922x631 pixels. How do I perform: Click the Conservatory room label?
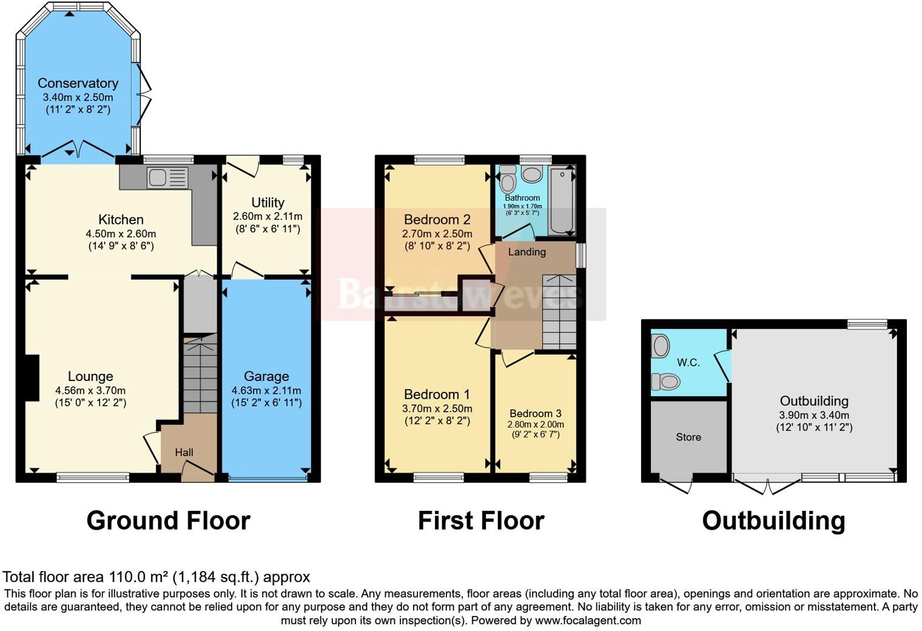pos(78,83)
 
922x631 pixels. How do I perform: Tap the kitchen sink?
pos(158,178)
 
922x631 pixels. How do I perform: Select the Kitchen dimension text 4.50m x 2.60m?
pos(121,234)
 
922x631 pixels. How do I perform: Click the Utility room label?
pos(268,203)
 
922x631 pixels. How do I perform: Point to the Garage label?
pos(266,376)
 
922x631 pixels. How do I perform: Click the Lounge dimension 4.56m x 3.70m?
pos(90,391)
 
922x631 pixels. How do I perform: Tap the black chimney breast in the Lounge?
pos(30,377)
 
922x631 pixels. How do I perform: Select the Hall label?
pos(184,453)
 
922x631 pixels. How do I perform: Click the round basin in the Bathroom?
pos(532,175)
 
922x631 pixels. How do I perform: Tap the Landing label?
pos(527,252)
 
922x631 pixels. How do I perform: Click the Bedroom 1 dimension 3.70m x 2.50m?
pos(437,409)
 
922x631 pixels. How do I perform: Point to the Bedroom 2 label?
pos(437,220)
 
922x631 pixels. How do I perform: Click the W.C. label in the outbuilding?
pos(688,363)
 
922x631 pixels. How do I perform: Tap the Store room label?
pos(688,437)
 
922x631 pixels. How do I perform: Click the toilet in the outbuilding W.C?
pos(665,382)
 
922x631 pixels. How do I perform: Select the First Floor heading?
pos(480,521)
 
